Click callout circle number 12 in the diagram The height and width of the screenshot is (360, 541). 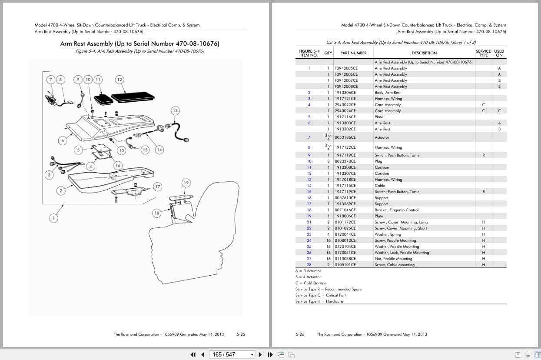[119, 80]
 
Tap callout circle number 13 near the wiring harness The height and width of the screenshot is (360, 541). [175, 110]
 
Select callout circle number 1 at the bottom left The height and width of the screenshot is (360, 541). [53, 218]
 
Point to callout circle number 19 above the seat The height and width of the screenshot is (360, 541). [186, 183]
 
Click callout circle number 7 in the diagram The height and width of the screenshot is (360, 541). [51, 80]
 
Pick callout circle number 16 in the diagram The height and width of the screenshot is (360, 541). [118, 166]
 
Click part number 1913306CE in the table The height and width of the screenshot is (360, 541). [345, 93]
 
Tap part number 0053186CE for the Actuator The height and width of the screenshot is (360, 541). [345, 137]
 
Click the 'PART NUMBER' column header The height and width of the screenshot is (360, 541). [353, 53]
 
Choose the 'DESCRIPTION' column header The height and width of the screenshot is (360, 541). [424, 53]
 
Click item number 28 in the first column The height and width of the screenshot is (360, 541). [309, 265]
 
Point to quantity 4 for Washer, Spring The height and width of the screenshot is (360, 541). [328, 234]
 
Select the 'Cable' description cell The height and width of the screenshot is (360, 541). [380, 186]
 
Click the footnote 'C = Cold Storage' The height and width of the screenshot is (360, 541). [311, 283]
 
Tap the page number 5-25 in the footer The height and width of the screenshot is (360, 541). [241, 334]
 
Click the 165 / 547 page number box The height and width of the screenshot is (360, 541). [231, 354]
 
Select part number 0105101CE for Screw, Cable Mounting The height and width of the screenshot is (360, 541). [345, 265]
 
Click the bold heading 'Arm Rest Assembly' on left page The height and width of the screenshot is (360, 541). [139, 44]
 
